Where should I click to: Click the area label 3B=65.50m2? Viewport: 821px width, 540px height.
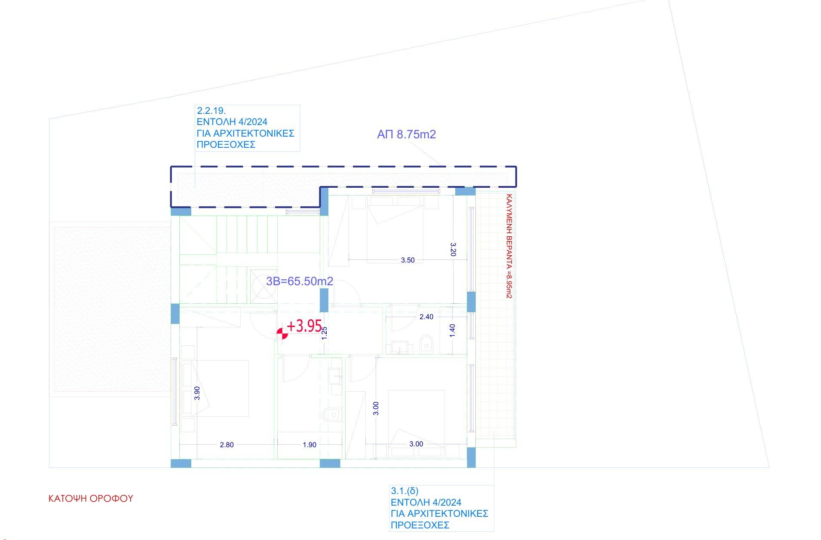[300, 281]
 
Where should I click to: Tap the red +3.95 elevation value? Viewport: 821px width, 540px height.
[304, 326]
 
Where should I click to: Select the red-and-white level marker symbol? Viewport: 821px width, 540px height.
[282, 333]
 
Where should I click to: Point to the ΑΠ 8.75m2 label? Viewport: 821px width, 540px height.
[406, 134]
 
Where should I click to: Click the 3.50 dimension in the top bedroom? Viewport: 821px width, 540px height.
[407, 260]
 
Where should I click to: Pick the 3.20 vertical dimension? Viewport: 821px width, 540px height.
[453, 249]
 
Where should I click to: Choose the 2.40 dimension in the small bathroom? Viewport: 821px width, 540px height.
[426, 317]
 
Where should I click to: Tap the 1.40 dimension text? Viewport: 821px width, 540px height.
[452, 330]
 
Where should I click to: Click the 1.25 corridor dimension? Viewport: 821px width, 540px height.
[325, 333]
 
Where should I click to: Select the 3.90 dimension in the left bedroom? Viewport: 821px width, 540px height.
[197, 393]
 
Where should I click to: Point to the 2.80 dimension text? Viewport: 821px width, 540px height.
[227, 445]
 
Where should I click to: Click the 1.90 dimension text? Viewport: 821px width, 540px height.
[309, 445]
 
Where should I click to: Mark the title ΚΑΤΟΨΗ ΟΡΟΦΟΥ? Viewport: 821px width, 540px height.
[91, 498]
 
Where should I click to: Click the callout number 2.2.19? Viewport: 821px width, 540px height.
[211, 111]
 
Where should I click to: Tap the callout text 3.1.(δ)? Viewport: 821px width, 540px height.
[404, 491]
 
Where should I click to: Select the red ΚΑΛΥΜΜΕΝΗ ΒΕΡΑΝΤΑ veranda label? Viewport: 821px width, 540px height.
[509, 246]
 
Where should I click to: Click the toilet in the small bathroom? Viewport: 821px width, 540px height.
[426, 344]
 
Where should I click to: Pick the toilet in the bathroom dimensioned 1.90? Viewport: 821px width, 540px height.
[330, 415]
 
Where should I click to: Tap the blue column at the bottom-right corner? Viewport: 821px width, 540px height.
[471, 457]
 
